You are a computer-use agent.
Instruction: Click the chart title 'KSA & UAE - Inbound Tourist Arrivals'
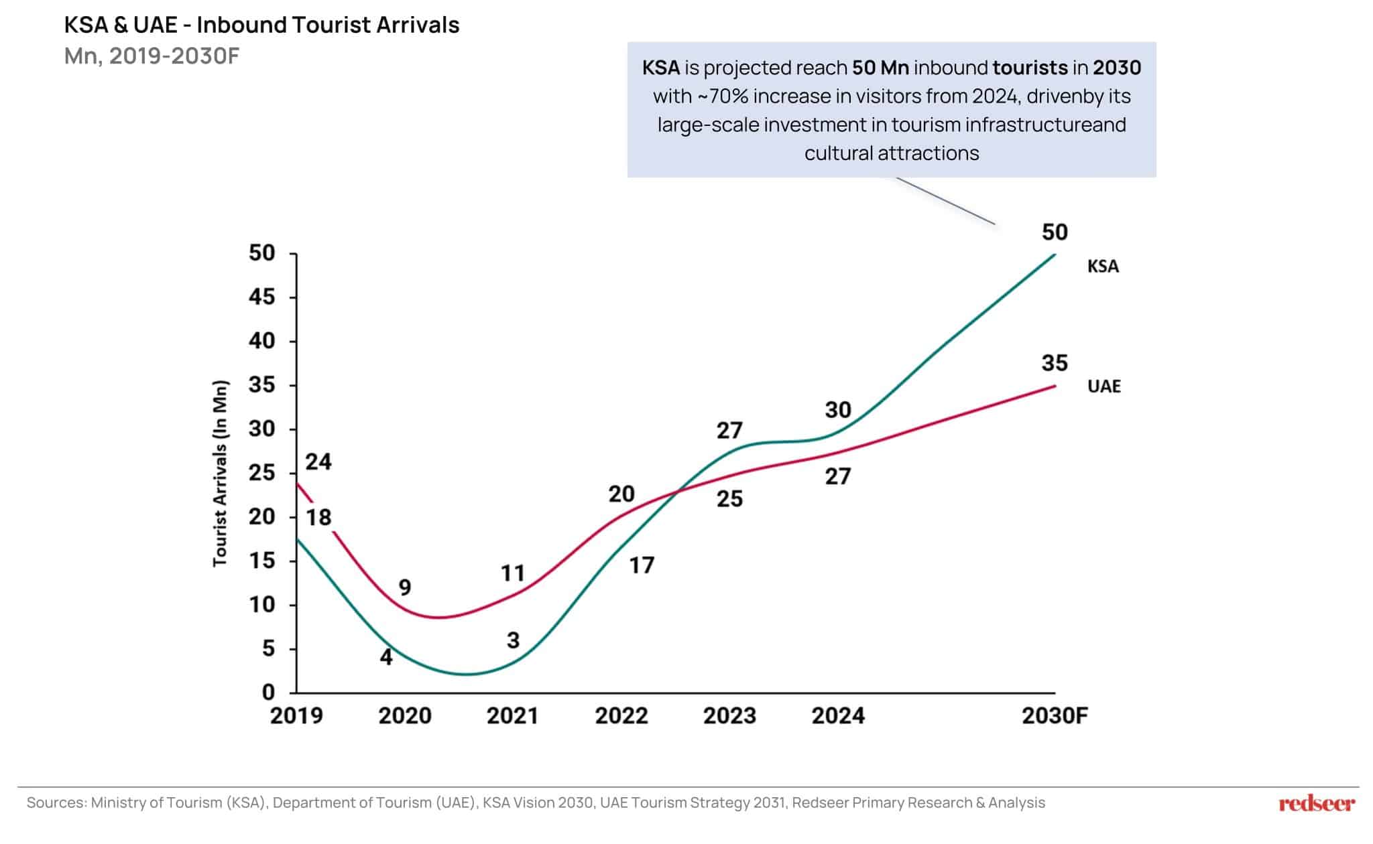261,25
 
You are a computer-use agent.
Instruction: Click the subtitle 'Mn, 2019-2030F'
152,56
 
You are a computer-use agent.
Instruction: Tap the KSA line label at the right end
1103,267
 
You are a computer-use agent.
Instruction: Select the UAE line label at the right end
1103,386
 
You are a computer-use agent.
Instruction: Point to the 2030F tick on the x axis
1054,716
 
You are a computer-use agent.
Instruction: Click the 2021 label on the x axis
512,716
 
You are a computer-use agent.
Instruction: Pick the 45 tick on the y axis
262,297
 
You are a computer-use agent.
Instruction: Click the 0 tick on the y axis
268,692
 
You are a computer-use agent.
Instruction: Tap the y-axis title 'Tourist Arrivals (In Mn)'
220,473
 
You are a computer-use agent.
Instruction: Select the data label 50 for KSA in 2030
1054,232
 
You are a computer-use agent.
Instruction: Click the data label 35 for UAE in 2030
1054,363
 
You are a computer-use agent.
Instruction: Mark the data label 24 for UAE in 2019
318,462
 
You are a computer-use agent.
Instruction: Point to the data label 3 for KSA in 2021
513,640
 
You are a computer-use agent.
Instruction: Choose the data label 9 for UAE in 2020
405,587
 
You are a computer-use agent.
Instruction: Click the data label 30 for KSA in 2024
838,409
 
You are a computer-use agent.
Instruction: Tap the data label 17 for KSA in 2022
642,565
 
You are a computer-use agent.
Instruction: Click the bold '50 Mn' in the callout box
880,68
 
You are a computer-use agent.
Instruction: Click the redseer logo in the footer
1316,803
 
